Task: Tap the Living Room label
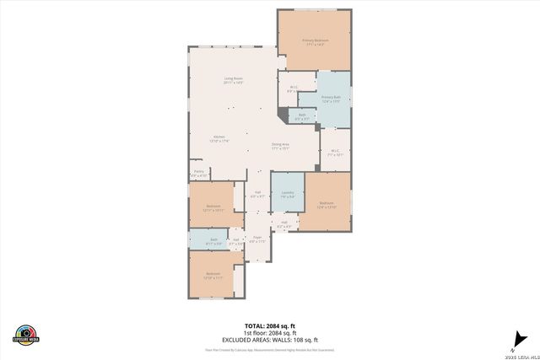click(234, 81)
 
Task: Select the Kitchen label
click(219, 138)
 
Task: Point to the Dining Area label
click(281, 146)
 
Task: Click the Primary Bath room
click(331, 99)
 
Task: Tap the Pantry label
click(199, 174)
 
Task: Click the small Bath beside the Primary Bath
click(301, 116)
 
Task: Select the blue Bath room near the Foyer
click(214, 241)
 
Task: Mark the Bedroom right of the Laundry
click(327, 204)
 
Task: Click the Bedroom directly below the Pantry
click(213, 207)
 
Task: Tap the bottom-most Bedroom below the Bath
click(213, 274)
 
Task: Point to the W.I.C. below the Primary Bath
click(335, 153)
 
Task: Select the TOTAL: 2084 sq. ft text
click(270, 325)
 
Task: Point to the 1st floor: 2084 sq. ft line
click(270, 331)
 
